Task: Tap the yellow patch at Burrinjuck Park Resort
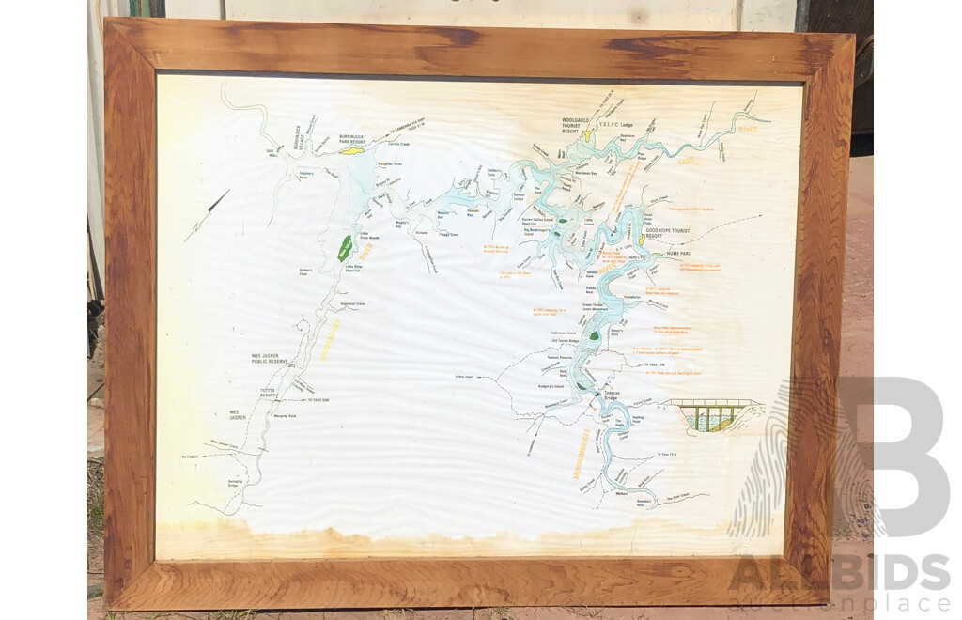click(351, 149)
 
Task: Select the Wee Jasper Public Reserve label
click(271, 358)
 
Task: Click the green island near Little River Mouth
click(346, 248)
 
